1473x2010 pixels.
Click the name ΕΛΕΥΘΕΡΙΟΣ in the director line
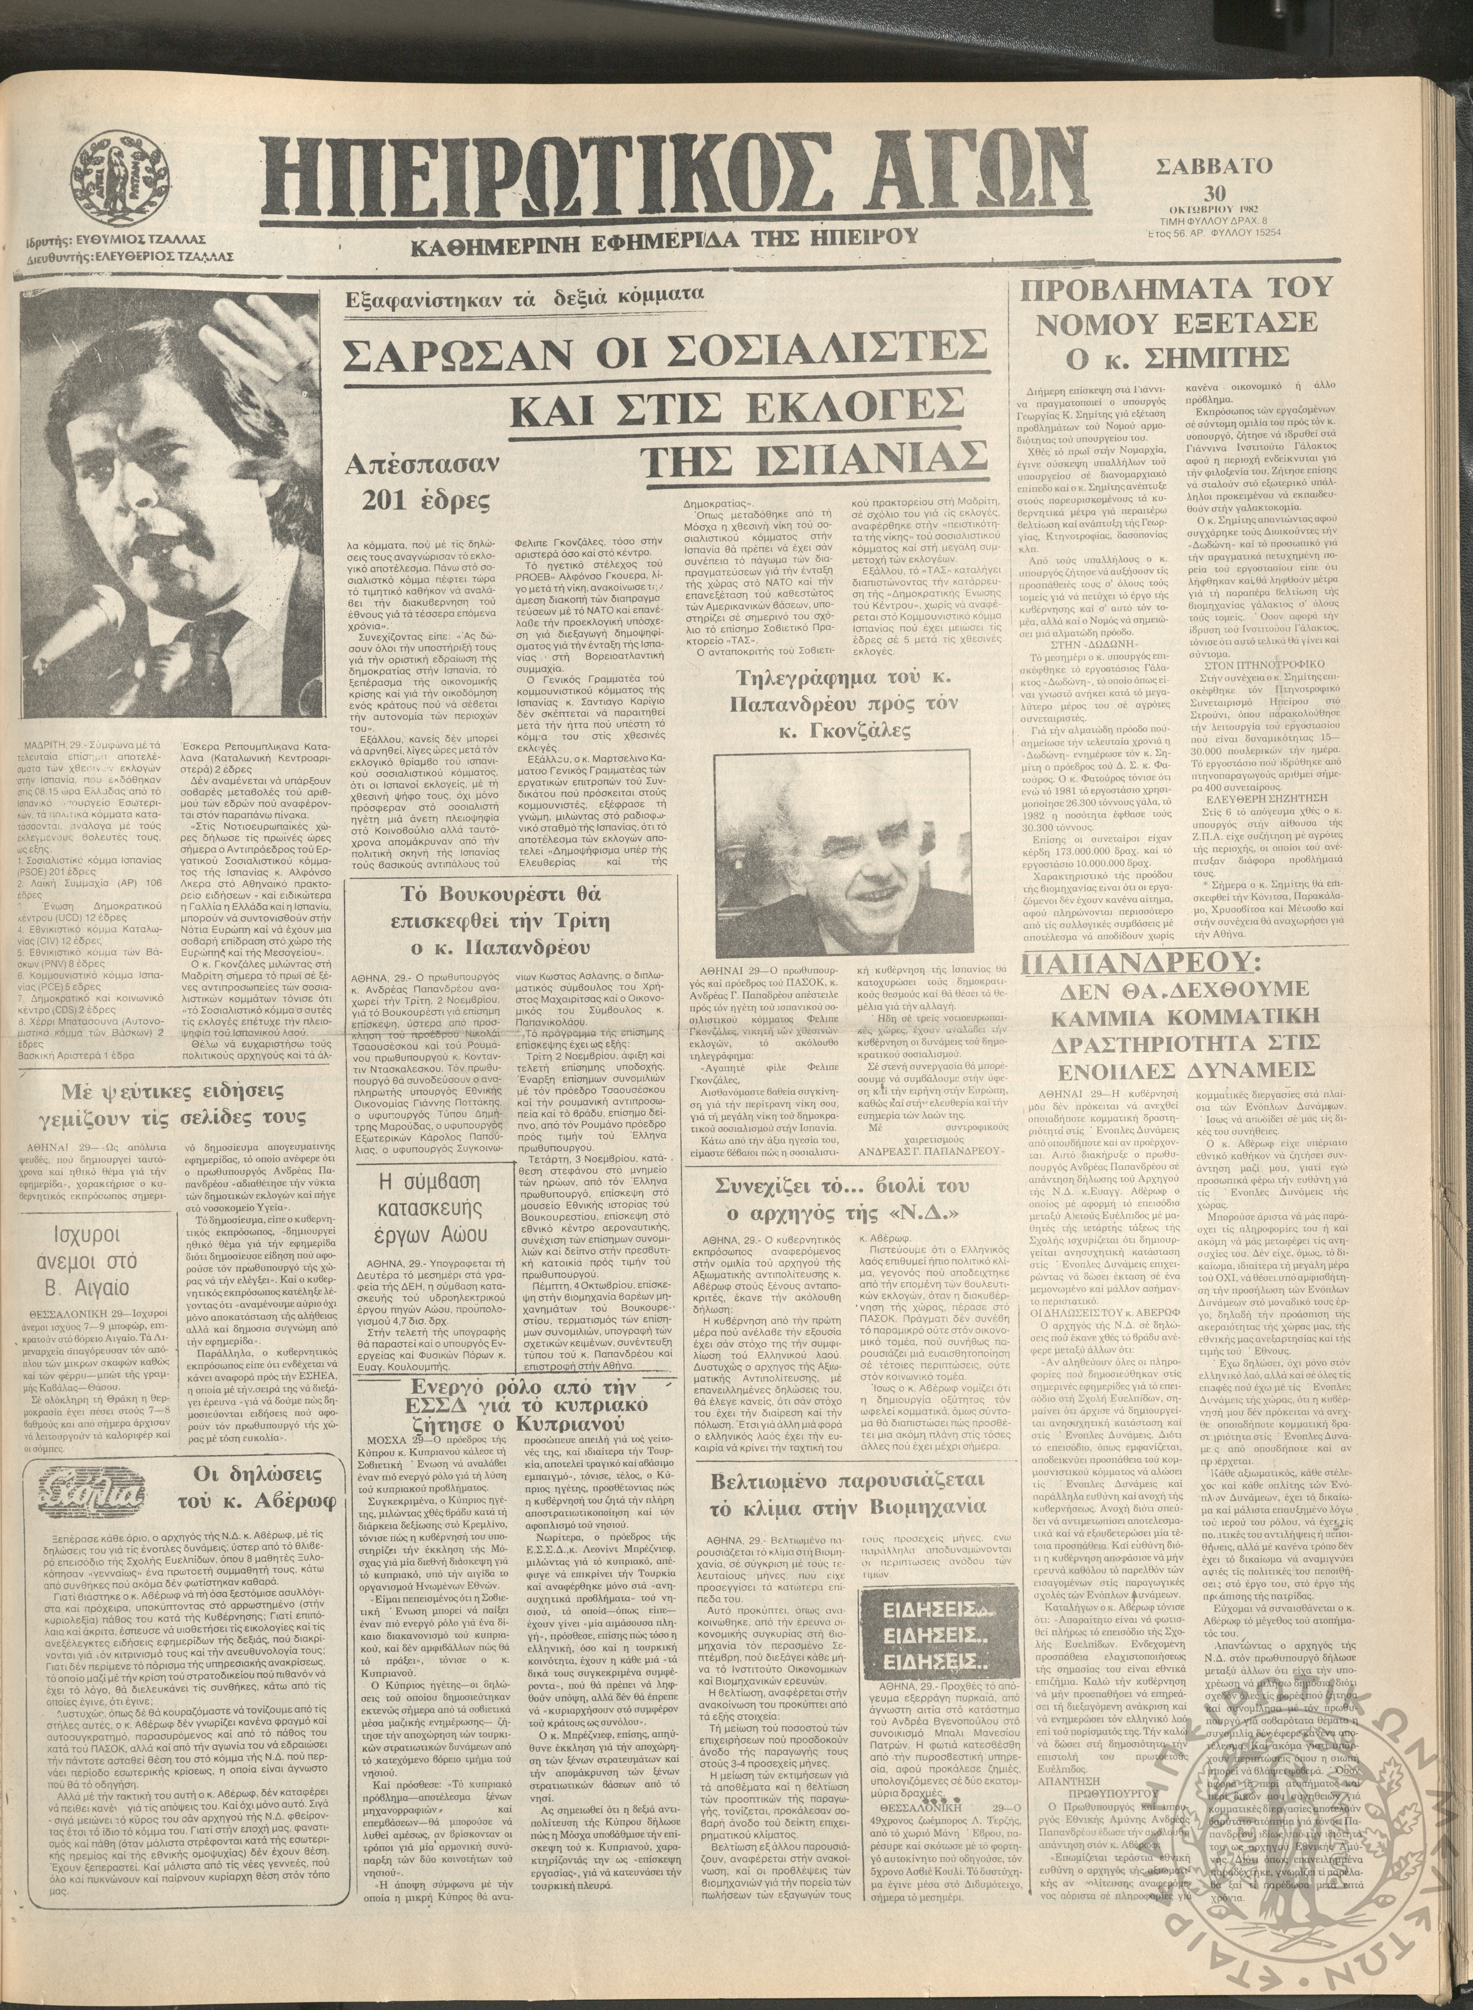[x=146, y=257]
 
